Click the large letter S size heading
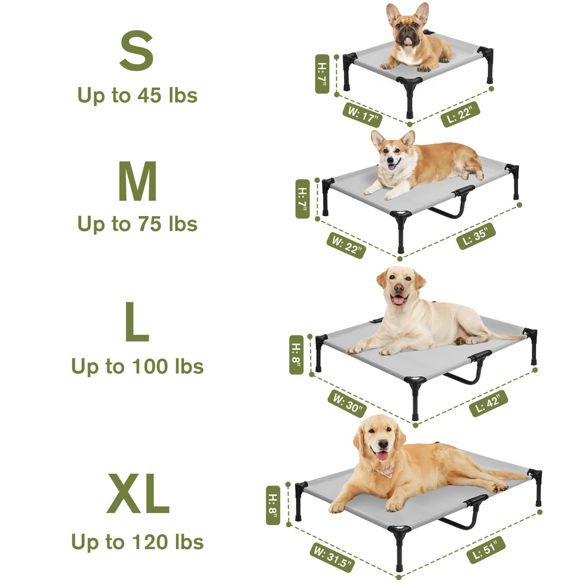tap(137, 50)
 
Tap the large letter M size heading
tap(137, 181)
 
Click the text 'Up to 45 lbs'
tap(137, 96)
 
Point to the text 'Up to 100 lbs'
tap(137, 367)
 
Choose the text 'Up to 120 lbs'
tap(137, 542)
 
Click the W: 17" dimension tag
tap(362, 115)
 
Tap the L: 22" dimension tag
tap(460, 114)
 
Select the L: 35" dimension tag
tap(476, 236)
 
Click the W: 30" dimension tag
tap(347, 404)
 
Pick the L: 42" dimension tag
tap(489, 403)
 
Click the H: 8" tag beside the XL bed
tap(273, 505)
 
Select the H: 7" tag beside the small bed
tap(322, 74)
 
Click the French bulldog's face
tap(408, 32)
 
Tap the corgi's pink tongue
tap(392, 167)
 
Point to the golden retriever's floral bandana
tap(386, 472)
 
